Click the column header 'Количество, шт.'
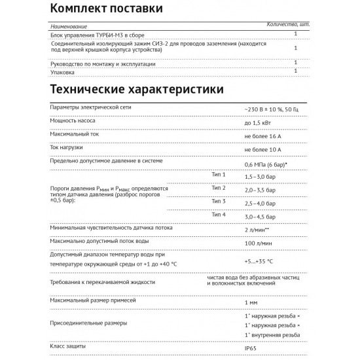[289, 25]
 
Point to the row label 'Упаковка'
[63, 73]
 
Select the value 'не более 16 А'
[263, 136]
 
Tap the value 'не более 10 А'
[263, 150]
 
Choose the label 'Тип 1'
[219, 175]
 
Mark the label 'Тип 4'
[219, 215]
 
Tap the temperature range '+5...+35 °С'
[259, 261]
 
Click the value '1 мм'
[251, 303]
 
